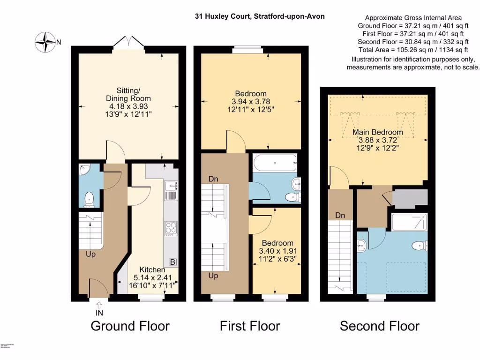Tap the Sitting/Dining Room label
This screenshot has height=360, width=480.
coord(127,94)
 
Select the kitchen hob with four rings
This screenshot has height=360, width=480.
coord(171,228)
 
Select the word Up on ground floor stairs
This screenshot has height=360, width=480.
coord(90,255)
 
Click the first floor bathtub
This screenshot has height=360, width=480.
coord(274,163)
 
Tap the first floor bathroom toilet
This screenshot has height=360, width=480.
coord(292,197)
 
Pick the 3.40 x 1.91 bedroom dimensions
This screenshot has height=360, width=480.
coord(277,251)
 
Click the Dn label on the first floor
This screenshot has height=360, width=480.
coord(213,179)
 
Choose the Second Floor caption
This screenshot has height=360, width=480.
coord(379,326)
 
